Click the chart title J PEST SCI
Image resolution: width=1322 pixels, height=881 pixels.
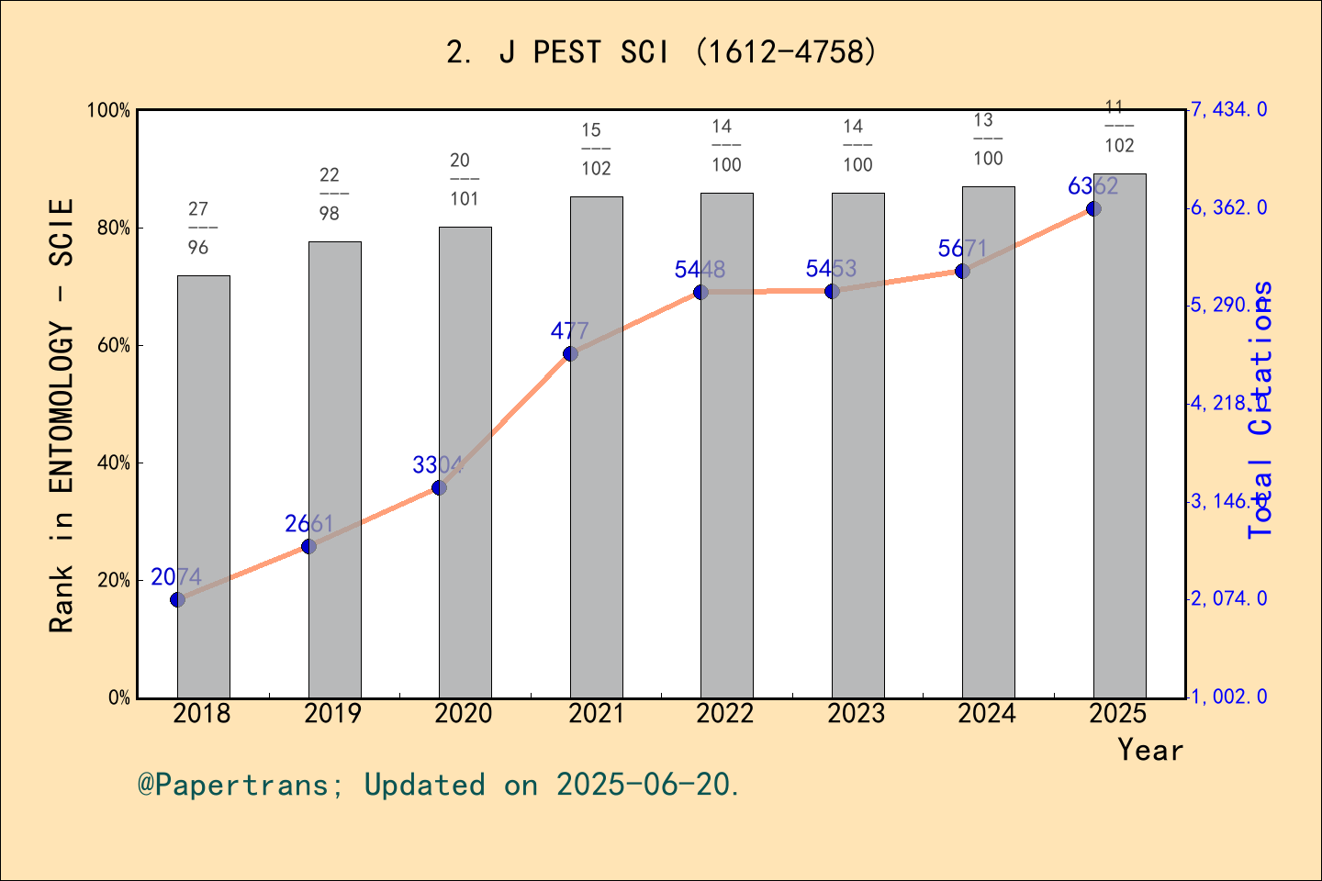661,52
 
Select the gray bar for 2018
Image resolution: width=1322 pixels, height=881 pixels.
203,486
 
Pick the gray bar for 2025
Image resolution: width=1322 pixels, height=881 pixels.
1119,435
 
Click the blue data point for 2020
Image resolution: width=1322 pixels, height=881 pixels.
439,487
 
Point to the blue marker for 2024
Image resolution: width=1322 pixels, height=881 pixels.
962,271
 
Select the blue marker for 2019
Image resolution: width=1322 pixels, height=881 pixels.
308,546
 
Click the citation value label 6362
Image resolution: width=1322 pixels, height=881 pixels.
1092,186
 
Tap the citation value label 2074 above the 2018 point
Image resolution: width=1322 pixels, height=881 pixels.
176,576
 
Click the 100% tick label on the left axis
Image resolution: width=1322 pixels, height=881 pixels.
108,110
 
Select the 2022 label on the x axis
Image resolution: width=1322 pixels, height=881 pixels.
725,713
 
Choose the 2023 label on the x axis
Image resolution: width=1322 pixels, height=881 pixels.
856,713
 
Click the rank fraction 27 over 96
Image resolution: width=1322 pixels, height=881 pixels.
198,229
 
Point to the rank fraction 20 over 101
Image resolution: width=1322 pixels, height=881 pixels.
464,180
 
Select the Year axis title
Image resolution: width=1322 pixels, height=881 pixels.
1149,750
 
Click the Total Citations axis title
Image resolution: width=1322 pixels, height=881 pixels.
1260,409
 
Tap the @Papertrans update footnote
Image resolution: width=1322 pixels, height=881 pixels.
439,785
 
